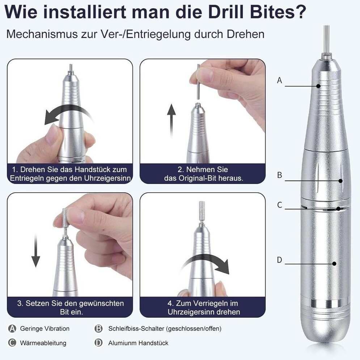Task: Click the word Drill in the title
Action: click(x=225, y=12)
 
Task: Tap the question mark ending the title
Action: click(x=300, y=12)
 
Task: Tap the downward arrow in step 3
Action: click(x=35, y=250)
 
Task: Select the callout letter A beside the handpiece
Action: click(x=279, y=80)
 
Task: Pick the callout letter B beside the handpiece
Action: click(x=279, y=175)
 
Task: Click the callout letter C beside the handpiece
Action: click(x=279, y=205)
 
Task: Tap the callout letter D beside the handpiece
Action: click(x=279, y=260)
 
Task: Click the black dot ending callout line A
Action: click(x=318, y=86)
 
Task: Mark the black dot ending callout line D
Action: click(x=334, y=264)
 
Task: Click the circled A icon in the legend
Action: click(x=12, y=328)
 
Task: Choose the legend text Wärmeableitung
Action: click(x=43, y=343)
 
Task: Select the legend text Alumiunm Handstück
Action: click(x=138, y=343)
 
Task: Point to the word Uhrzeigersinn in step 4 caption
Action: click(x=204, y=312)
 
